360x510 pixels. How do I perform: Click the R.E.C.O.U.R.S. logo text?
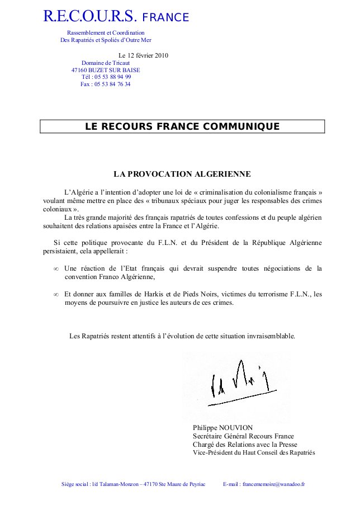(x=88, y=17)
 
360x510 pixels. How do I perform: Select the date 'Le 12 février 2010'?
(x=144, y=55)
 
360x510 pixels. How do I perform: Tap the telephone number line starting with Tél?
(x=106, y=77)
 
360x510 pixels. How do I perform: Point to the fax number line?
(x=106, y=84)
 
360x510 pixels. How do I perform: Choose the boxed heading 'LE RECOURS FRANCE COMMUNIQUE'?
(x=182, y=126)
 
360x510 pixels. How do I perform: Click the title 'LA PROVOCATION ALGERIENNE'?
(x=182, y=174)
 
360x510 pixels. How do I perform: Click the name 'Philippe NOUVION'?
(x=222, y=428)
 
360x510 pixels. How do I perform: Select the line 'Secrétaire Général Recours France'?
(x=243, y=436)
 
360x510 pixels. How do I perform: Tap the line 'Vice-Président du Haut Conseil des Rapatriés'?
(x=254, y=452)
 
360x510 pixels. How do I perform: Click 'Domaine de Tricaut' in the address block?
(x=106, y=63)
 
